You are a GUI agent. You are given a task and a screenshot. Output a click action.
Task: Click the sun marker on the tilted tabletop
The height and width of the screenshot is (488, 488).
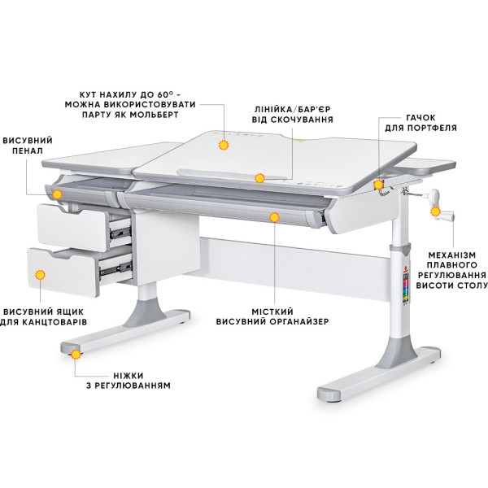224,145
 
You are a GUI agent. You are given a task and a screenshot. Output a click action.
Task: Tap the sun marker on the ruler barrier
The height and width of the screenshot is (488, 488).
259,178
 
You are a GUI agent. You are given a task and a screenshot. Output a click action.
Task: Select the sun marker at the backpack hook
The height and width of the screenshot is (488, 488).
378,185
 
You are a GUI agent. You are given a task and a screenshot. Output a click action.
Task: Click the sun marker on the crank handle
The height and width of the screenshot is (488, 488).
435,212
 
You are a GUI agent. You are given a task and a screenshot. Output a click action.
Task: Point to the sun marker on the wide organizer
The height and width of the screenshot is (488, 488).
274,217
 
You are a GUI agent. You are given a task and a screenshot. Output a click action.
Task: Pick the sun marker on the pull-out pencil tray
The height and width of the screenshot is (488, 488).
57,194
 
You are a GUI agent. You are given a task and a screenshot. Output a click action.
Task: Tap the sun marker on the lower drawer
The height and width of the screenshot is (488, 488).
40,275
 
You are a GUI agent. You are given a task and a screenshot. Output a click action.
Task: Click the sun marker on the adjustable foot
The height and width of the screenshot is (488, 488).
76,354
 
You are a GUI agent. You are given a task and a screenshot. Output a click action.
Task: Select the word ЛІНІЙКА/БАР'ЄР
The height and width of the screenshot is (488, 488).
293,109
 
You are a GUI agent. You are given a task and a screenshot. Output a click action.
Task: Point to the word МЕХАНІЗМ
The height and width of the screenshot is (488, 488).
452,255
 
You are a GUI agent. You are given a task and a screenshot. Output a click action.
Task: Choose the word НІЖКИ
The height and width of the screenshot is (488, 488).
129,375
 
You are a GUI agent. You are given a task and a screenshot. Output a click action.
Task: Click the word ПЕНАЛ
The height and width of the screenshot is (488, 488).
28,150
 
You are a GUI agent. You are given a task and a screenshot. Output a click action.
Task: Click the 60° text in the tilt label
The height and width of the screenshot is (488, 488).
165,94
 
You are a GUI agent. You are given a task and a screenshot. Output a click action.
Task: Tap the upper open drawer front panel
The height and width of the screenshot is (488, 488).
72,227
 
